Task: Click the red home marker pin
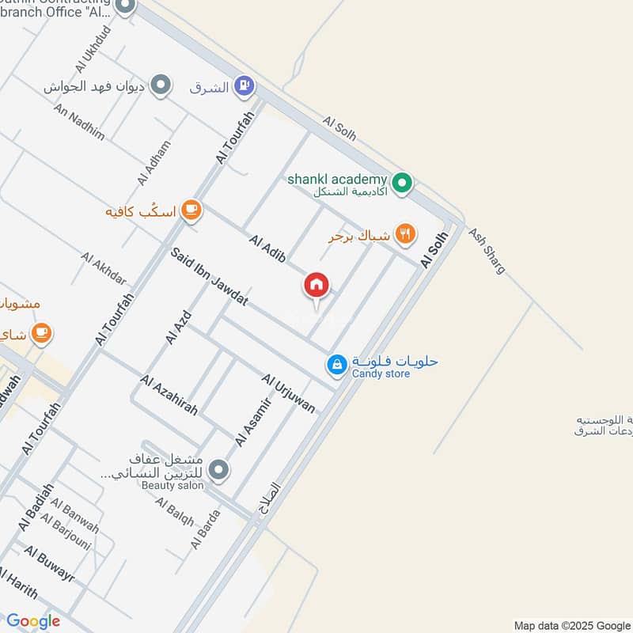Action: (316, 286)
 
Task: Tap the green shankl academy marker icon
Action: (403, 184)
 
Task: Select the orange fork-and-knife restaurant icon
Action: (405, 233)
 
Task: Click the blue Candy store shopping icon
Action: (337, 365)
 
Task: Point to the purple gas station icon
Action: (245, 85)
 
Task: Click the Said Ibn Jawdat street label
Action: (210, 277)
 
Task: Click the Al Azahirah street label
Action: (169, 396)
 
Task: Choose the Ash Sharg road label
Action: (487, 251)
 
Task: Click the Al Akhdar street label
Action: (104, 268)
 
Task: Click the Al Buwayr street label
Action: (49, 564)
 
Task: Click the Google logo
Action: (33, 621)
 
